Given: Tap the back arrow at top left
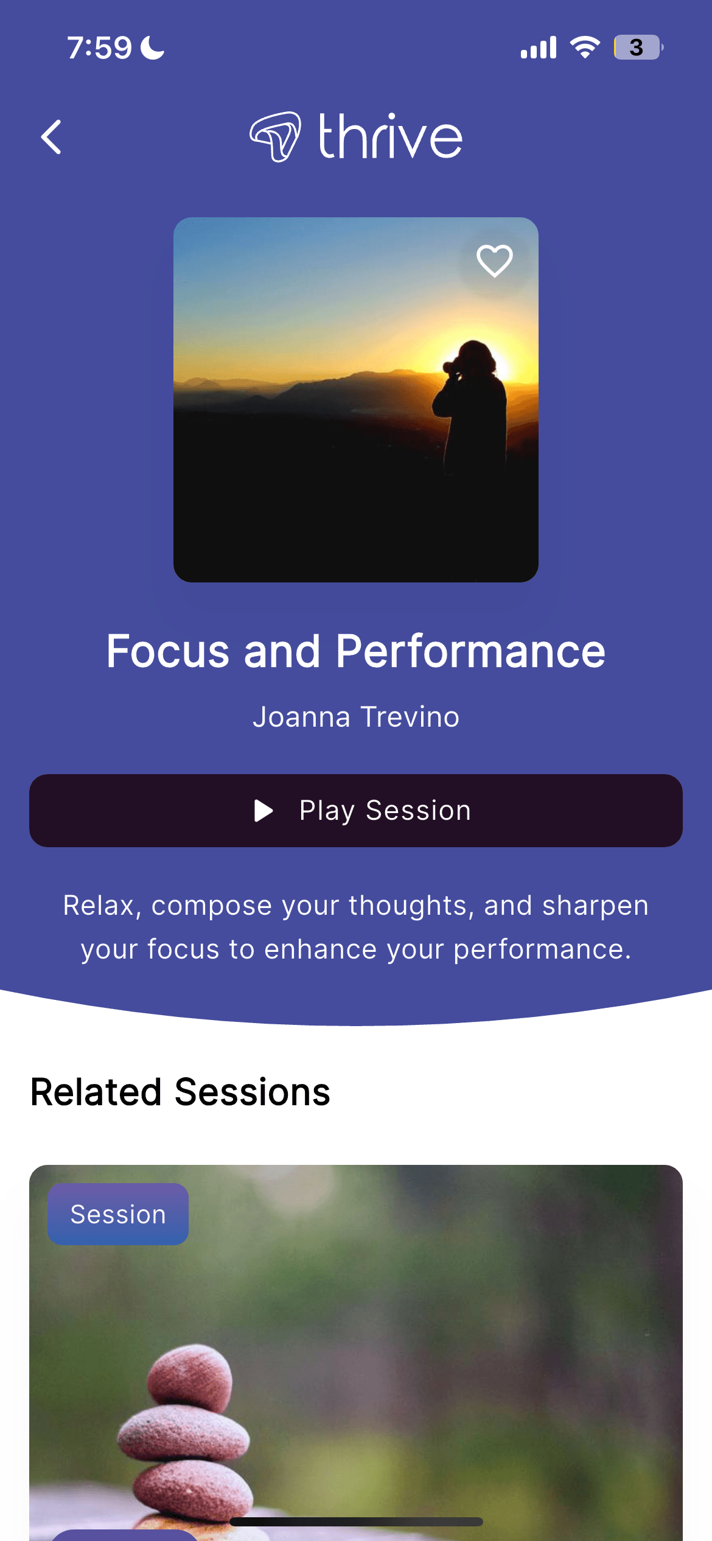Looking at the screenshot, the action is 51,137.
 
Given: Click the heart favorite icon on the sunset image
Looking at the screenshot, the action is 494,260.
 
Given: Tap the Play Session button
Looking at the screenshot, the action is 356,811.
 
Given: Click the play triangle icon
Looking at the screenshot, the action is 263,811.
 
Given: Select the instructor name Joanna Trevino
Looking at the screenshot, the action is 356,717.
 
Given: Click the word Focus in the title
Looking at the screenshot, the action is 168,651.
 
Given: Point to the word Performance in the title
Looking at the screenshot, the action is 470,651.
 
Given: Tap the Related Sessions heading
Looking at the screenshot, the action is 180,1092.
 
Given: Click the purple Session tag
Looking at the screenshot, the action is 118,1214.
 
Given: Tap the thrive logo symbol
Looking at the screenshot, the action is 275,136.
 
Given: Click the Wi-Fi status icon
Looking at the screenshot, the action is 585,47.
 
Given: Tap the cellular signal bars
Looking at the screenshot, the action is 539,47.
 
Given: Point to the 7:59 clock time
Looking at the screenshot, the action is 99,47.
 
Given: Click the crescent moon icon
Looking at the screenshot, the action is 153,47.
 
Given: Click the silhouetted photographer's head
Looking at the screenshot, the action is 475,358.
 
